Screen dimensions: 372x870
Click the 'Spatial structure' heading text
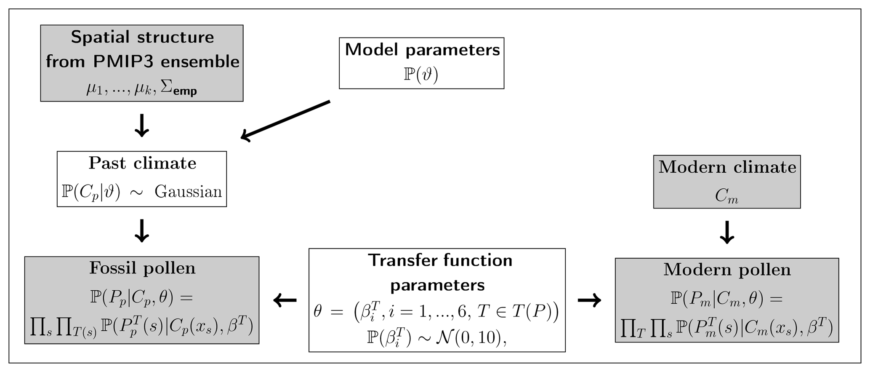tap(142, 37)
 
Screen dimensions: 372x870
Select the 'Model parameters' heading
tap(422, 50)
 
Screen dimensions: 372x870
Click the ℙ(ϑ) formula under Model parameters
tap(421, 75)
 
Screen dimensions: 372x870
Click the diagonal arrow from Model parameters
tap(285, 120)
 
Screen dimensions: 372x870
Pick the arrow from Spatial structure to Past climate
tap(142, 125)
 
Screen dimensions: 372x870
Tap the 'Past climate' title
tap(142, 163)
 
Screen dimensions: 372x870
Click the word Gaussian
tap(188, 192)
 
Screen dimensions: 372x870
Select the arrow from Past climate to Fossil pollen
tap(142, 230)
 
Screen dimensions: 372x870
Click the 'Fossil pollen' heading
tap(142, 268)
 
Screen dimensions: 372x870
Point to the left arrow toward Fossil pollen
tap(285, 300)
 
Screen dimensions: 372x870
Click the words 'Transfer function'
tap(440, 260)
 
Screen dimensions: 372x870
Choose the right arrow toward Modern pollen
tap(589, 300)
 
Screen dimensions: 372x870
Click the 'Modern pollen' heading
tap(727, 270)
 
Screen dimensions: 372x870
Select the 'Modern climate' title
tap(727, 167)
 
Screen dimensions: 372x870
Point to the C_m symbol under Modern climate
tap(726, 196)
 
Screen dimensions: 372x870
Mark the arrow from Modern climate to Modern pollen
tap(727, 232)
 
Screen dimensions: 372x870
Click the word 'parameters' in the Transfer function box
tap(437, 285)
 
